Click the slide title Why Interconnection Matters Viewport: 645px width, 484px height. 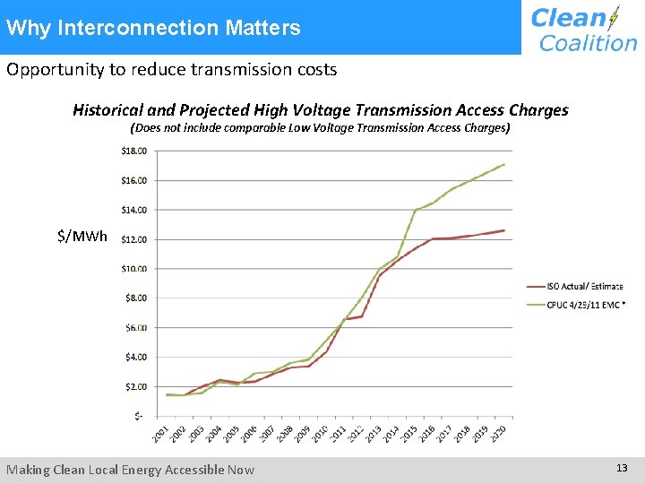pos(153,28)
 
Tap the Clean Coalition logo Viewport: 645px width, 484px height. pos(583,30)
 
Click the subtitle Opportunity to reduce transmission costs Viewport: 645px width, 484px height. pos(172,69)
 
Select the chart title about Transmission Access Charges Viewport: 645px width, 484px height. pos(320,110)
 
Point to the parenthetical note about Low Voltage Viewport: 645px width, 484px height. pos(320,128)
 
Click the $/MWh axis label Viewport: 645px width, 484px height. pos(82,237)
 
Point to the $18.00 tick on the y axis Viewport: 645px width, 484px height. pos(133,151)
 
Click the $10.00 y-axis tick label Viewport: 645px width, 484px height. pos(133,269)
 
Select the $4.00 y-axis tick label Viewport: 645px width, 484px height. pos(133,357)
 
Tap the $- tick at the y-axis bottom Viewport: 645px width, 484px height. pos(137,416)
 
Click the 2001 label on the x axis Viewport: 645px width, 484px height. pos(160,433)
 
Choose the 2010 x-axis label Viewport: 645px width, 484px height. pos(320,433)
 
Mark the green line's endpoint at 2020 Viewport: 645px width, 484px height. pos(504,164)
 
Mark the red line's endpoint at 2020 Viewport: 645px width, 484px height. pos(504,230)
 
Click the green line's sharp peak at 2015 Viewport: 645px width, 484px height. pos(416,211)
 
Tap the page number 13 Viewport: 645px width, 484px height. pos(622,468)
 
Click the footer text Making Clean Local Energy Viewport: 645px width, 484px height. pos(131,470)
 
